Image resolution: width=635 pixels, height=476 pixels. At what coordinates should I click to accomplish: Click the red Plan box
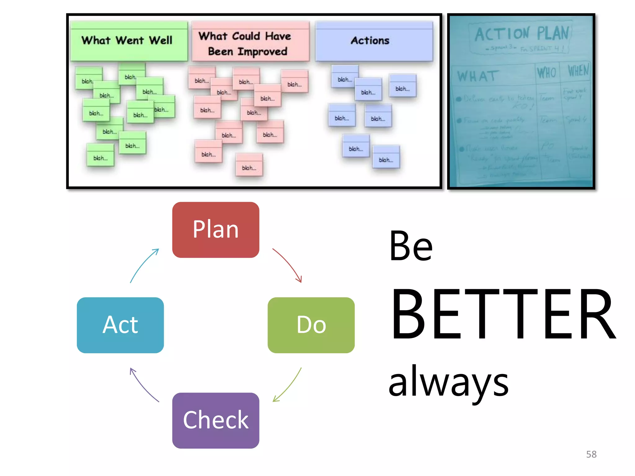point(215,230)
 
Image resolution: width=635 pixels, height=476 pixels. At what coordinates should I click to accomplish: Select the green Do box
point(311,325)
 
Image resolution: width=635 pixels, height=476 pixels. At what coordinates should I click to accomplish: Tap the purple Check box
point(215,420)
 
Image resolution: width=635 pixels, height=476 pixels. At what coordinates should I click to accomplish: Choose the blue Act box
point(120,325)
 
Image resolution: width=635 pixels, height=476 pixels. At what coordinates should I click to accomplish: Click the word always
point(448,382)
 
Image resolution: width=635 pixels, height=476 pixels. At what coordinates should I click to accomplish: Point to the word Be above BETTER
point(411,246)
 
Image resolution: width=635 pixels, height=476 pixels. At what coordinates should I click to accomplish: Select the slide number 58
point(591,454)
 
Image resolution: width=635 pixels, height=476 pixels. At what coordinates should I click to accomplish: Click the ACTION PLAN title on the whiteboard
point(522,34)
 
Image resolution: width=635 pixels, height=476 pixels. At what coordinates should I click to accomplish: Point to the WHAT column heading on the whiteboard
point(478,76)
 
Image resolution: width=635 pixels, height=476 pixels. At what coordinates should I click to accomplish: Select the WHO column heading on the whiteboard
point(546,73)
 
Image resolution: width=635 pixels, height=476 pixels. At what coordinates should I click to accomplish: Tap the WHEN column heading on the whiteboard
point(578,71)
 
